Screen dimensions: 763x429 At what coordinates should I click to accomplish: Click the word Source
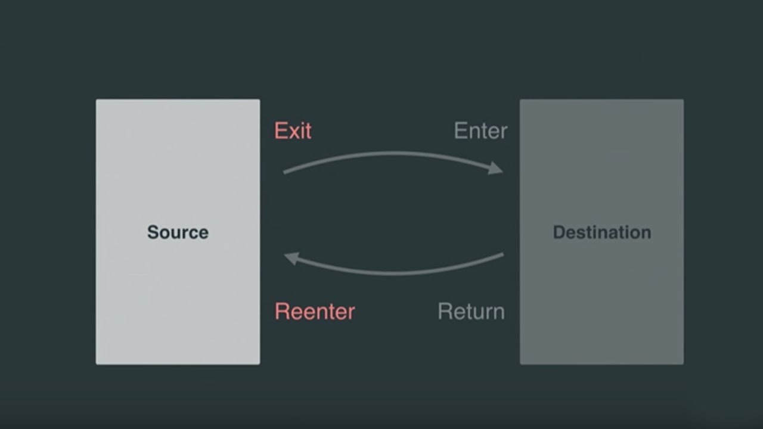click(178, 232)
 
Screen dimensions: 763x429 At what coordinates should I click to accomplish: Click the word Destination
click(602, 232)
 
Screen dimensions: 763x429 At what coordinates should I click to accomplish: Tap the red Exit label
click(293, 130)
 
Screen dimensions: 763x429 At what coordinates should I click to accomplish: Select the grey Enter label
click(480, 130)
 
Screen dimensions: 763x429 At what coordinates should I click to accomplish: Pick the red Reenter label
click(315, 311)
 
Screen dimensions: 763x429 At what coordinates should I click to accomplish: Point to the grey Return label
click(471, 311)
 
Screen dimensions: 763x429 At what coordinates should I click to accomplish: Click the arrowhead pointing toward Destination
click(495, 168)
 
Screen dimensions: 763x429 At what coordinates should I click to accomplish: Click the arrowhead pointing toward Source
click(292, 258)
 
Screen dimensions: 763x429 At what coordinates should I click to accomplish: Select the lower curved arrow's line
click(395, 273)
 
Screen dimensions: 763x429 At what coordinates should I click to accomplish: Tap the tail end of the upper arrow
click(284, 172)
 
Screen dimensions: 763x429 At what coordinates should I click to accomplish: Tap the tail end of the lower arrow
click(503, 254)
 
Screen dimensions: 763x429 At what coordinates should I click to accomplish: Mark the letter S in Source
click(153, 232)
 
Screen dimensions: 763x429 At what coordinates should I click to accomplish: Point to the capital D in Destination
click(560, 232)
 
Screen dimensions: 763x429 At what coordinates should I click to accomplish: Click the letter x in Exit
click(294, 133)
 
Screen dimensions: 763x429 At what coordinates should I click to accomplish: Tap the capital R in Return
click(445, 311)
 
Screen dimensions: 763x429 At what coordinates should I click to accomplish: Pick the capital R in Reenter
click(281, 311)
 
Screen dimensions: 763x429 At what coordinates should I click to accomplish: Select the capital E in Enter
click(460, 130)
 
